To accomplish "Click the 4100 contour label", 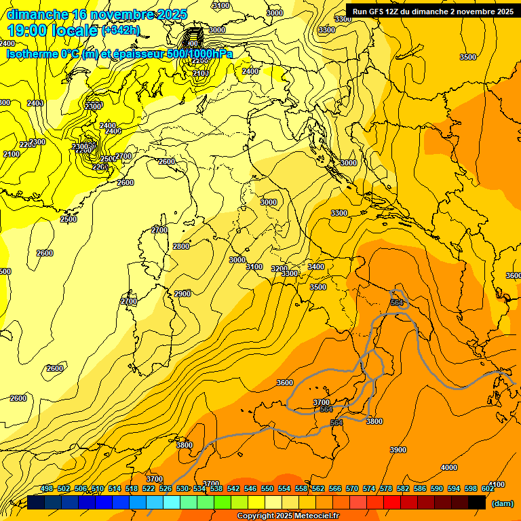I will point(497,484).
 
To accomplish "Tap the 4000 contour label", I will point(448,467).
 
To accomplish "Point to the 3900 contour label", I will point(398,450).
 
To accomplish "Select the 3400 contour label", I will point(316,267).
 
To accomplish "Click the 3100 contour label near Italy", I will point(254,267).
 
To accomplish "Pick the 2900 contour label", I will point(182,294).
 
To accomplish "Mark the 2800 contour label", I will point(181,246).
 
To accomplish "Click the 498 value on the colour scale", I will point(47,489).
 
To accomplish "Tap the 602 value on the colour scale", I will point(488,489).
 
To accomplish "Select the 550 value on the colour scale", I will point(267,489).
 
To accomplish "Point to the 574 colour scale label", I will point(369,489).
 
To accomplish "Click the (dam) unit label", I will point(502,503).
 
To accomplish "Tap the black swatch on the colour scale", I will point(477,503).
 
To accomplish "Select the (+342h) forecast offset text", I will point(121,31).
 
